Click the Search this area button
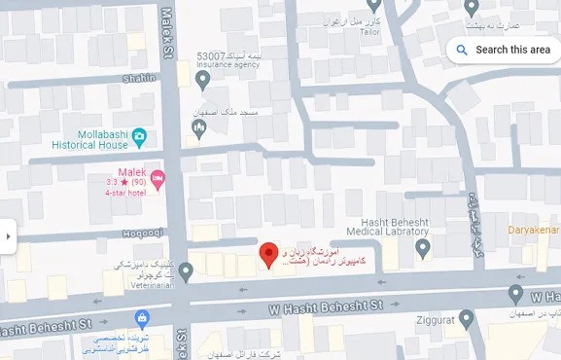(504, 50)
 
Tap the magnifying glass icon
(462, 50)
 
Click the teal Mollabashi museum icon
(140, 134)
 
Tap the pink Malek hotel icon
(158, 176)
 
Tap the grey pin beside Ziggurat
(467, 317)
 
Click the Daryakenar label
(534, 230)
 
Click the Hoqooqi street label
(142, 233)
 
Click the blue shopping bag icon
(142, 317)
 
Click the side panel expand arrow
(8, 235)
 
